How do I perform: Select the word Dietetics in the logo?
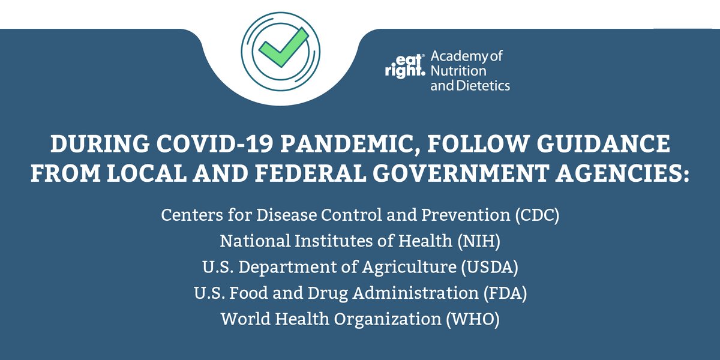[x=484, y=85]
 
